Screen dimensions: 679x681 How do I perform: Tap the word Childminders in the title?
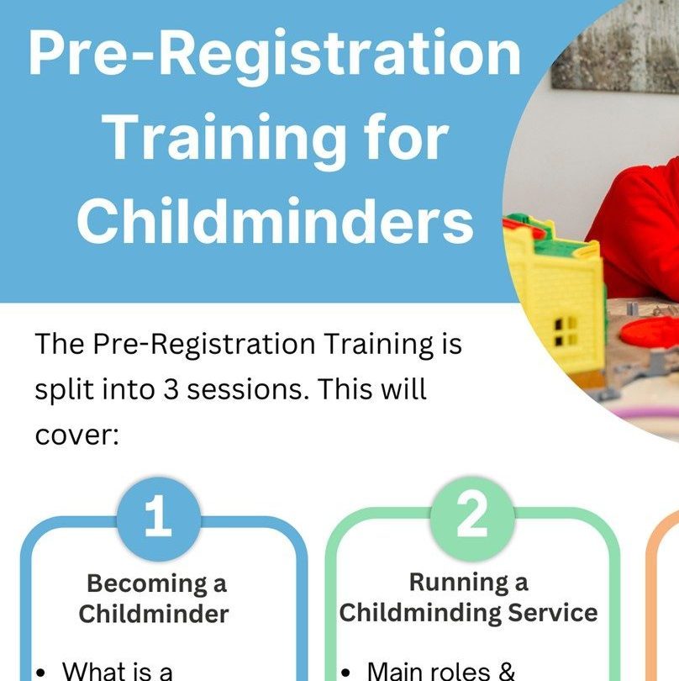(276, 220)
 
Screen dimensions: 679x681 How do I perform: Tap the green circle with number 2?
(472, 518)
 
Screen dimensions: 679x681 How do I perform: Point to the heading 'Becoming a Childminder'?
(154, 598)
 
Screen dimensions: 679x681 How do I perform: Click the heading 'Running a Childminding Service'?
(468, 598)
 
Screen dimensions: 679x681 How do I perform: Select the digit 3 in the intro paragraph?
(171, 389)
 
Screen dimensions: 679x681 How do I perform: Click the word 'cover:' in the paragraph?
(76, 436)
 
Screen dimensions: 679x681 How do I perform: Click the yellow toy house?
(554, 299)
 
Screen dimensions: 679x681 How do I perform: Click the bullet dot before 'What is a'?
(41, 673)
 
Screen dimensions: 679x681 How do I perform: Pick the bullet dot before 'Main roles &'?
(345, 673)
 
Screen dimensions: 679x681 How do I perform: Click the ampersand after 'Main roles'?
(507, 671)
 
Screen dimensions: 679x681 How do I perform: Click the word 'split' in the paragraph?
(65, 390)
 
